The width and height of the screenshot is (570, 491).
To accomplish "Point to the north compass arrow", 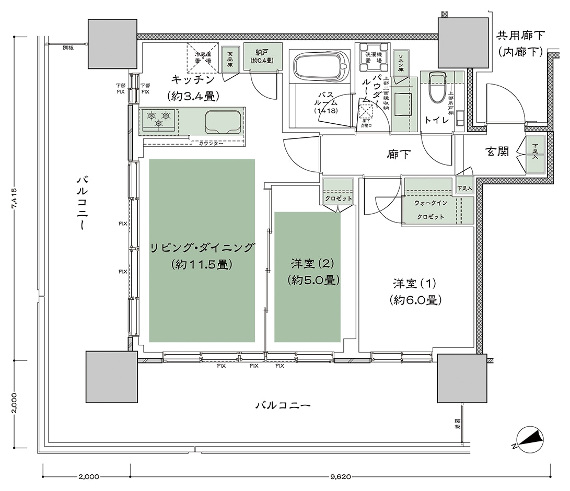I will pyautogui.click(x=529, y=438).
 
